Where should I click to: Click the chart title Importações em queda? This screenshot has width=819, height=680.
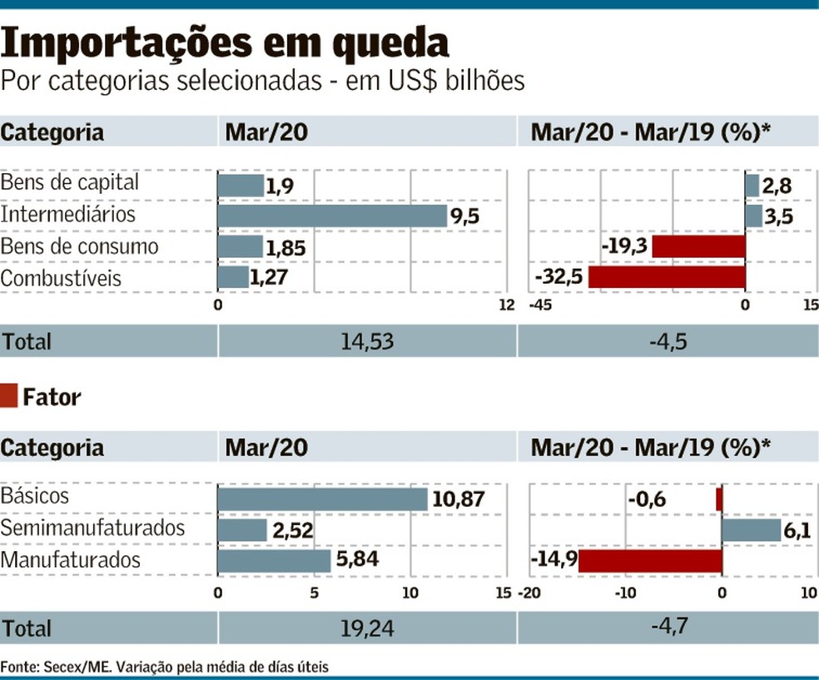coord(226,43)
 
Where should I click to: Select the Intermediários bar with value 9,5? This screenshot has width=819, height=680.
coord(333,216)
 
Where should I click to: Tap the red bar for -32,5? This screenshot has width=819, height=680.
coord(667,277)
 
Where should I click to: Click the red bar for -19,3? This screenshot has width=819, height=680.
coord(698,246)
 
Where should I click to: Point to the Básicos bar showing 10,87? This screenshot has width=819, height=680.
coord(322,498)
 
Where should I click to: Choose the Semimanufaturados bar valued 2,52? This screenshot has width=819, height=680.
coord(242,529)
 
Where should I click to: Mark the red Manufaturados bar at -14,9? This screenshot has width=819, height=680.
coord(650,561)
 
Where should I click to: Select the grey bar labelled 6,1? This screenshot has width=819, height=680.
coord(751,529)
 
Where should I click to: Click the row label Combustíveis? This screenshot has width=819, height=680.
coord(61,278)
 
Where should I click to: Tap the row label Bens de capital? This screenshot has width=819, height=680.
coord(69,182)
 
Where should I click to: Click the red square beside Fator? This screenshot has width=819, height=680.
coord(9,396)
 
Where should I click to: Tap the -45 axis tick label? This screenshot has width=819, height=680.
coord(541,305)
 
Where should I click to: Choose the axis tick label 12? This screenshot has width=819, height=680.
coord(506,305)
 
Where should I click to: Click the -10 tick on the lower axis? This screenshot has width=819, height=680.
coord(625,593)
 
